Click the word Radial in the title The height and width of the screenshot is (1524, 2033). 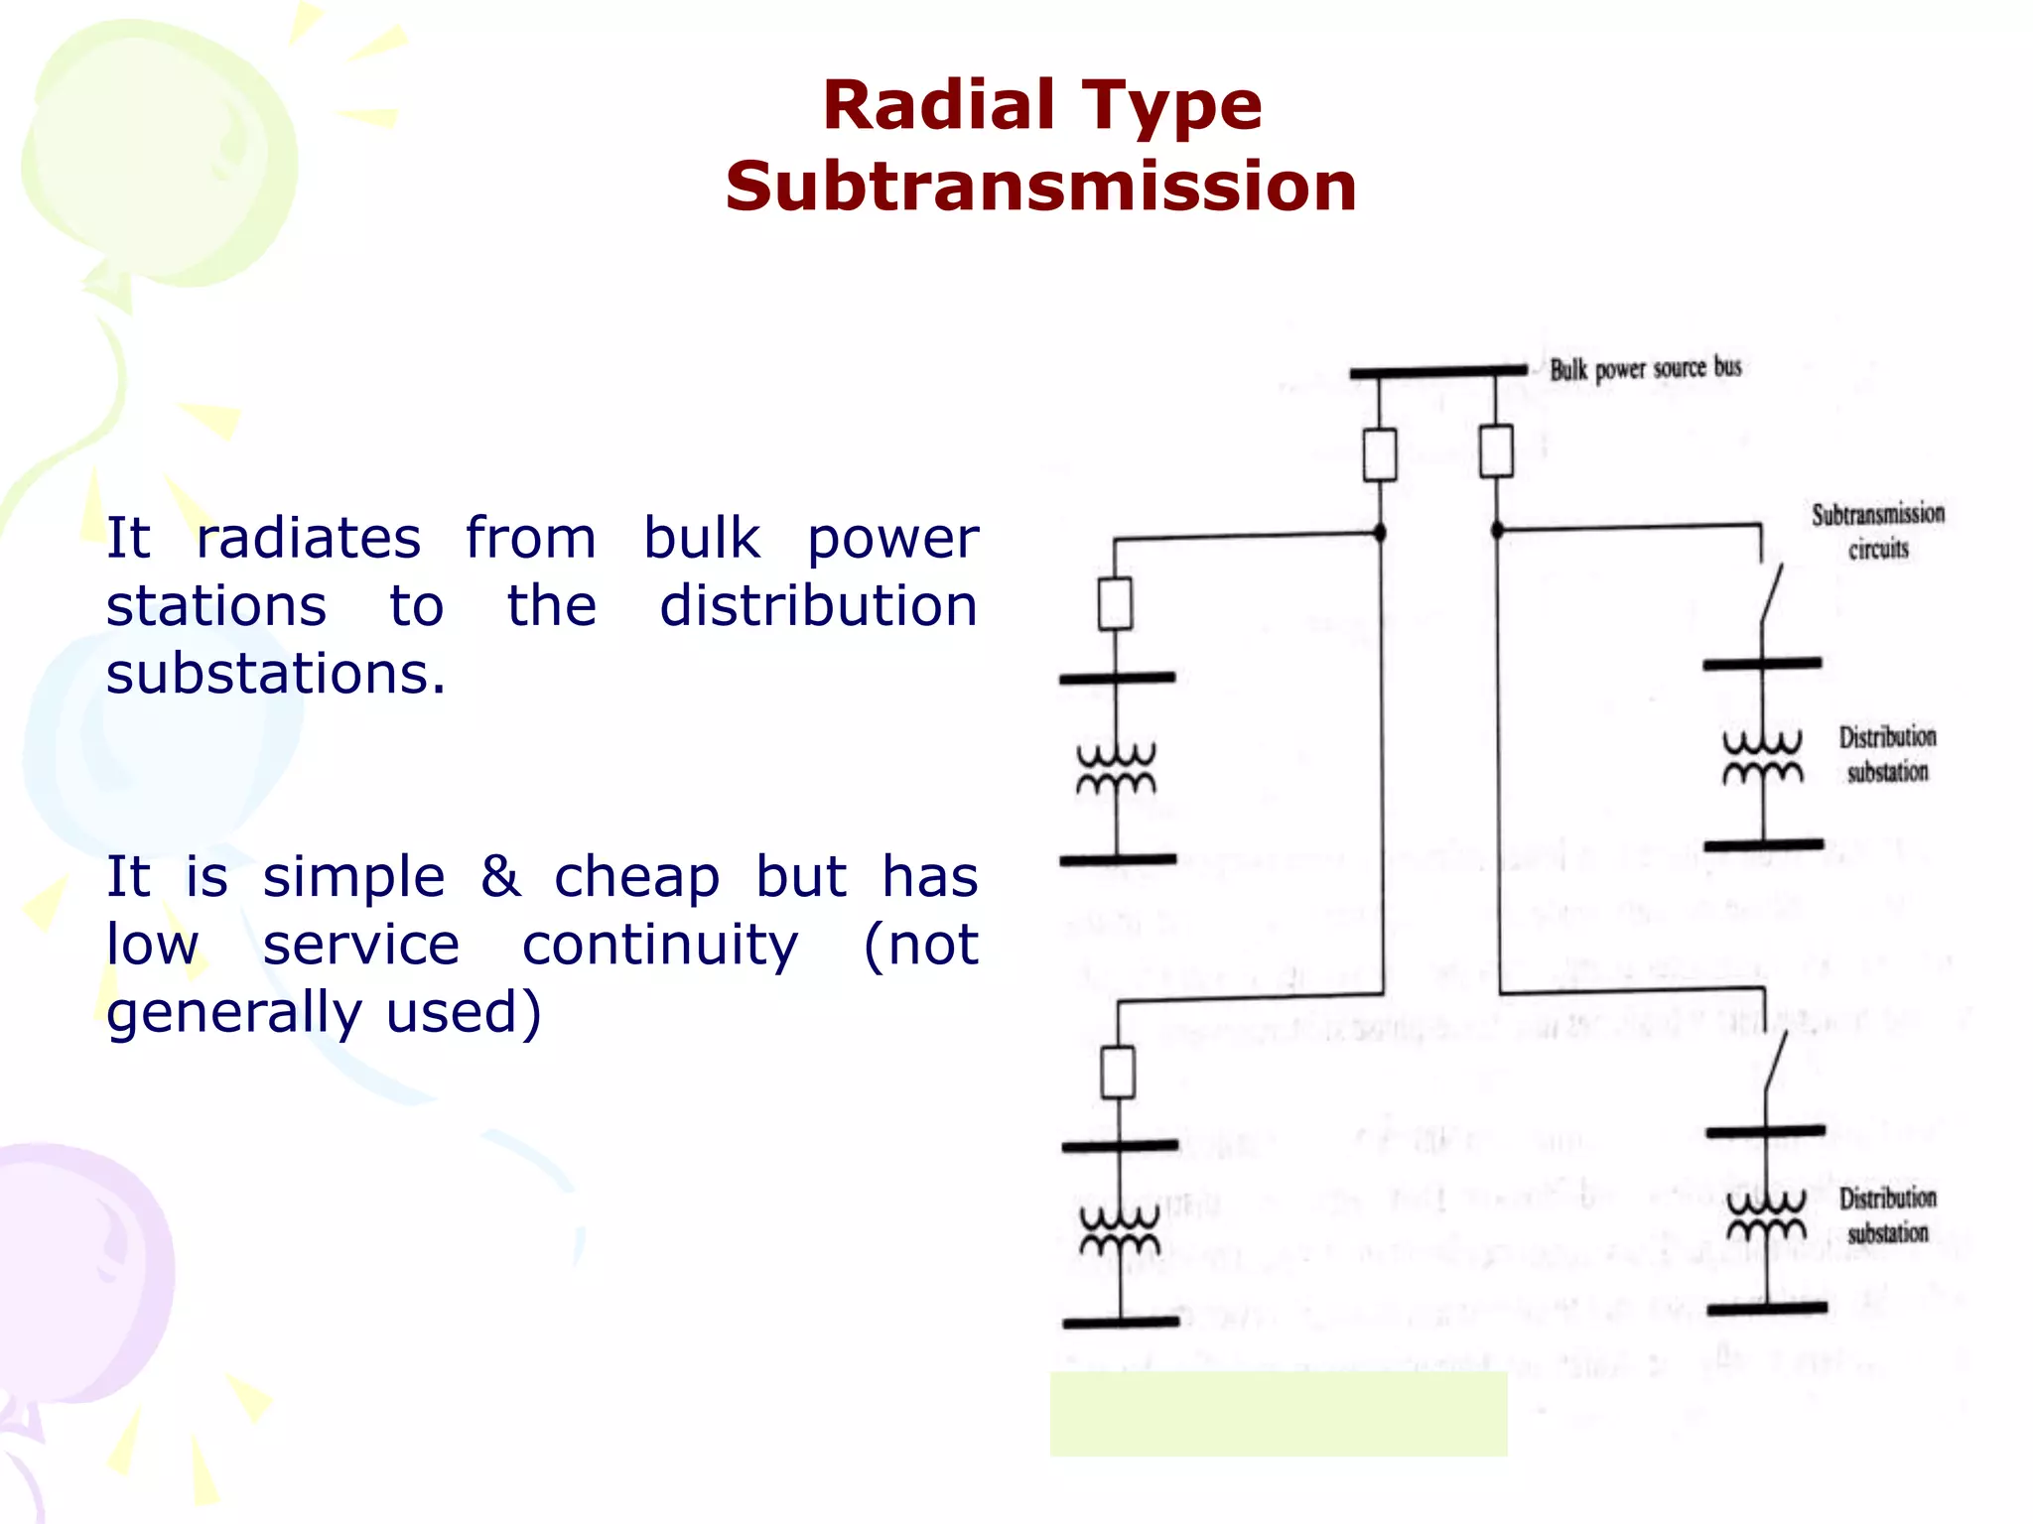[x=938, y=105]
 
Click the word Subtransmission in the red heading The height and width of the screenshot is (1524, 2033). [x=1040, y=187]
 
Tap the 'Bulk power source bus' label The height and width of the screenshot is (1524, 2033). [x=1645, y=368]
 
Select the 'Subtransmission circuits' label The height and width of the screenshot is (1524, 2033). [x=1877, y=531]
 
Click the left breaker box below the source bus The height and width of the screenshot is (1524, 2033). [x=1380, y=454]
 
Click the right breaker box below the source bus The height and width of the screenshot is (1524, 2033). [x=1496, y=450]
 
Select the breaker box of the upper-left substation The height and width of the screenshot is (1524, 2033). [x=1116, y=603]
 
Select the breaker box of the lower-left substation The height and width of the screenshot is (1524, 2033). [x=1119, y=1072]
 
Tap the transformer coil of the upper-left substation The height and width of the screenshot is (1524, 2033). [x=1117, y=770]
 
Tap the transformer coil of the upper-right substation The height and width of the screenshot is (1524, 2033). [x=1763, y=758]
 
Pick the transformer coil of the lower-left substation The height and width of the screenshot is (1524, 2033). [x=1120, y=1230]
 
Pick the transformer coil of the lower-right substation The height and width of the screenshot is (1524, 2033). [x=1767, y=1216]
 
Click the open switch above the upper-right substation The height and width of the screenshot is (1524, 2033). [x=1771, y=594]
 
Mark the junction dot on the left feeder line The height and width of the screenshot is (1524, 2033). [x=1380, y=533]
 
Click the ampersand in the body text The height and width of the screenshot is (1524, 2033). [x=500, y=876]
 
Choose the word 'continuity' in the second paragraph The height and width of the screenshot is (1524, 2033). [x=660, y=944]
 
